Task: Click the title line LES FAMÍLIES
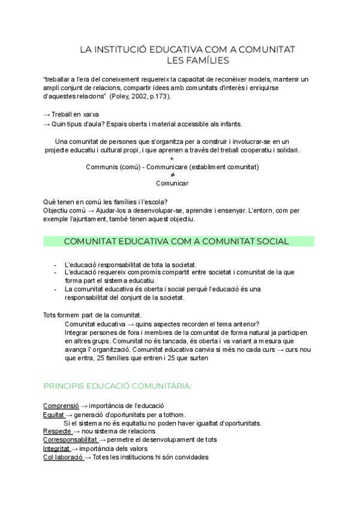tap(197, 60)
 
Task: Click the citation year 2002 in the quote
tap(139, 96)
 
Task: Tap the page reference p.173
tap(159, 96)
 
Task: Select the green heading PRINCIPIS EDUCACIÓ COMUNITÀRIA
tap(118, 385)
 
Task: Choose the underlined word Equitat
tap(53, 414)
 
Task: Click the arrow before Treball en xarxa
tap(47, 114)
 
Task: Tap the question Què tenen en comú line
tap(105, 202)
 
